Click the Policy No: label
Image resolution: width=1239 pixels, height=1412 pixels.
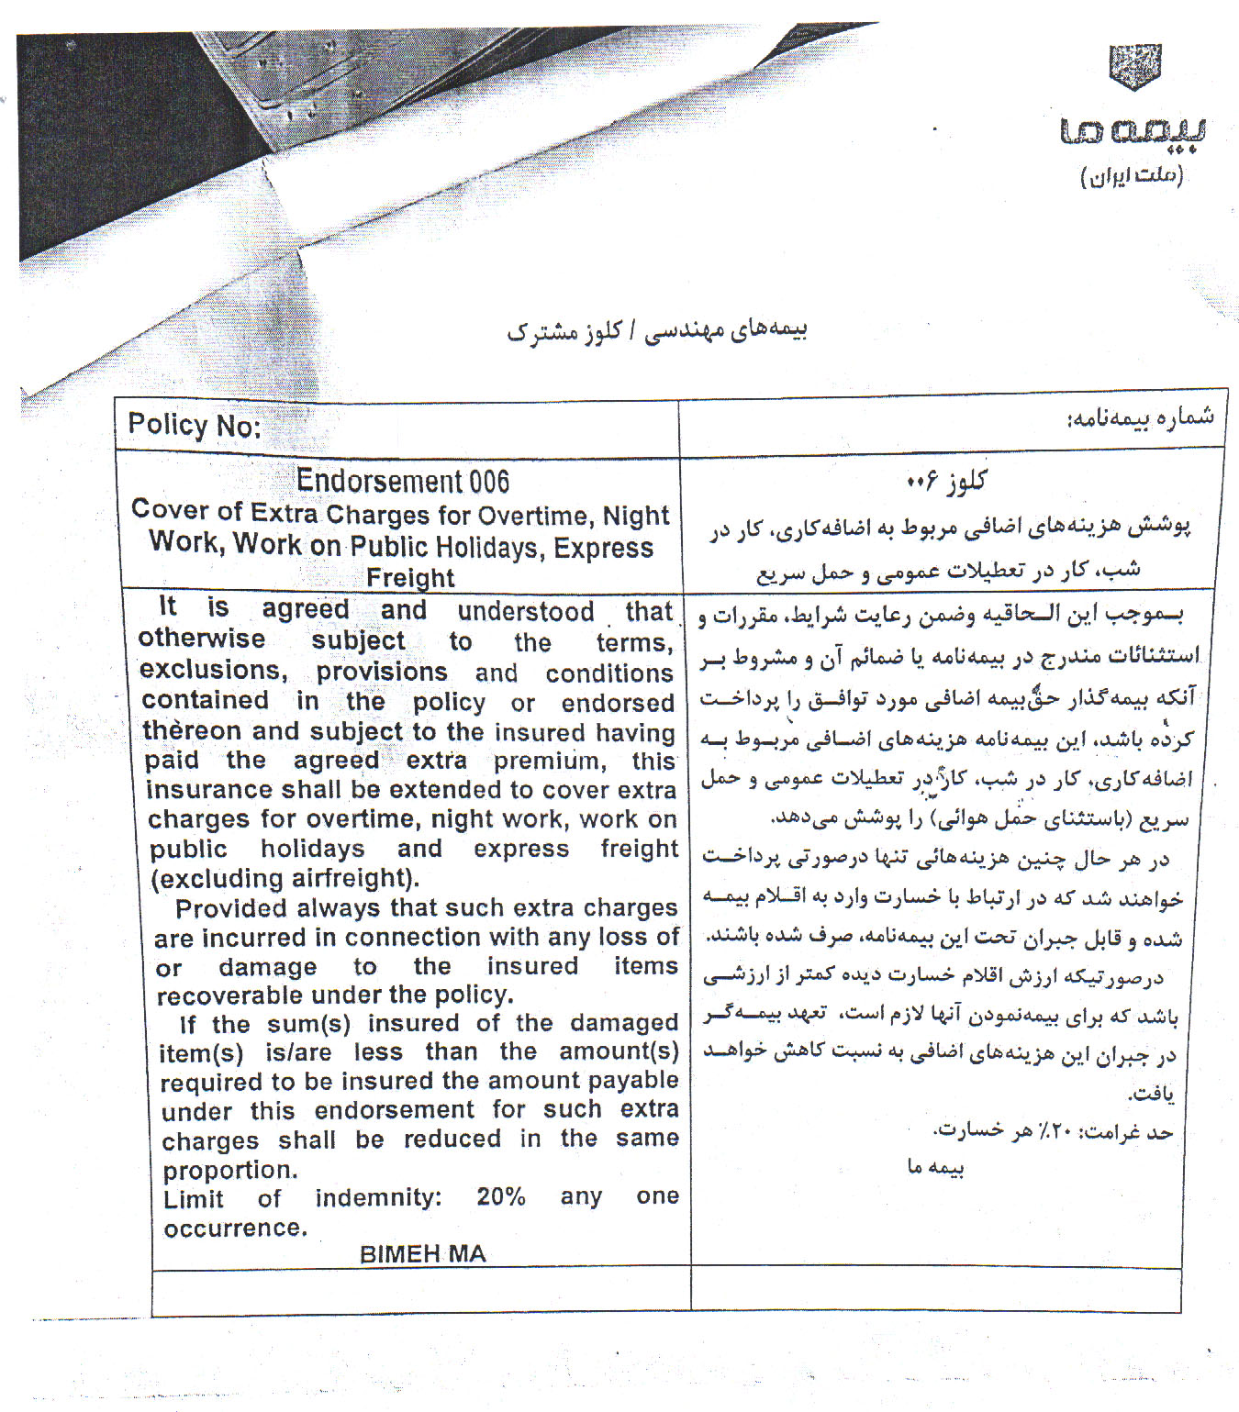(194, 425)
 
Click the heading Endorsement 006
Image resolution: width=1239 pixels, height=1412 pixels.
(402, 481)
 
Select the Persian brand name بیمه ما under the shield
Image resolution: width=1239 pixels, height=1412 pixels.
(1133, 131)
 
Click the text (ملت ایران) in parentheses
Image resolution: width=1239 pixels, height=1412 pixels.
(1133, 175)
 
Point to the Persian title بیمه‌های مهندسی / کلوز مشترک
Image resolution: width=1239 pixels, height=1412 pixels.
(656, 331)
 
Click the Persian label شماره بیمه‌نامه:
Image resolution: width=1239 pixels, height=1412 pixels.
(1139, 418)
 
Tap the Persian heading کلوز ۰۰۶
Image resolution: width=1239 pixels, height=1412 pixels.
(946, 481)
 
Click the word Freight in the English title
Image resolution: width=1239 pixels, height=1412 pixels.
(410, 578)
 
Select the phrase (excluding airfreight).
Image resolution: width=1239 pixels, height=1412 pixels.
(285, 878)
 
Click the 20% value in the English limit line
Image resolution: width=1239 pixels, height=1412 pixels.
(500, 1196)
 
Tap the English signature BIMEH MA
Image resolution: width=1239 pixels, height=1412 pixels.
(422, 1254)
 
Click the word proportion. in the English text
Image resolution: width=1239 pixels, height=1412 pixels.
(229, 1171)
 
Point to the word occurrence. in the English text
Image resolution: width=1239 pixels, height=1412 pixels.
(235, 1229)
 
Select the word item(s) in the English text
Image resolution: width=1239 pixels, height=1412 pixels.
(201, 1052)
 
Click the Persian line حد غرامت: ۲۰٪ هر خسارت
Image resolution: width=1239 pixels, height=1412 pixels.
(1054, 1131)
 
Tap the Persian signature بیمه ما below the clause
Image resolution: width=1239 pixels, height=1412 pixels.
(935, 1167)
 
